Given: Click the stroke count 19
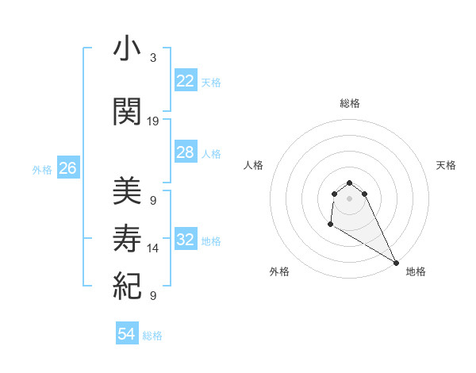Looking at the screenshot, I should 153,121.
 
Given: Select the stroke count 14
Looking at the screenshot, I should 153,248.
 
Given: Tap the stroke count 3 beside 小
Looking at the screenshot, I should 153,58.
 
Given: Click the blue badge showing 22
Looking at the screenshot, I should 185,81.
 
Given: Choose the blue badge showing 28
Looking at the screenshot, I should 185,152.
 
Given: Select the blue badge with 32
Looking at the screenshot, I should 185,240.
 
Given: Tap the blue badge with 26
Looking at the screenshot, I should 67,168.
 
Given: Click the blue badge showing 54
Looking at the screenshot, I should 126,334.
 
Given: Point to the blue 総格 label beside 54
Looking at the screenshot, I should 152,336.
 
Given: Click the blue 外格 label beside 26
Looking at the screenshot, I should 42,169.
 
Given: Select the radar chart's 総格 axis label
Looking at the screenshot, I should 350,103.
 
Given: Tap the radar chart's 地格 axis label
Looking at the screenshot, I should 416,271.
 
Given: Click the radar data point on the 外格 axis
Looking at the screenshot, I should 330,225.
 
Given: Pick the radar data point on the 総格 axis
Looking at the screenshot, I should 350,180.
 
